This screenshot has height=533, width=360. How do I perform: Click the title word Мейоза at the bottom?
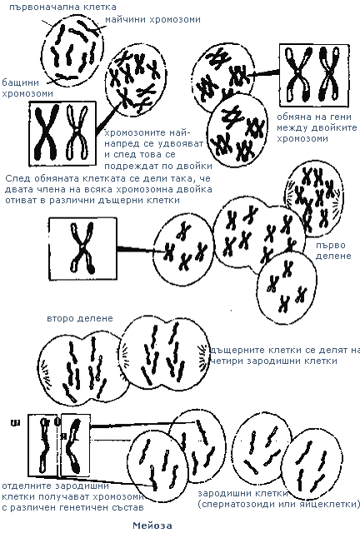coord(152,526)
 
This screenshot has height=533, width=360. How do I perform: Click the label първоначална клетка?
coord(62,7)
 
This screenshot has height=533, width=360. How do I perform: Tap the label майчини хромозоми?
coord(152,19)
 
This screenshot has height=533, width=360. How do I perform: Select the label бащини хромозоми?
coord(27,87)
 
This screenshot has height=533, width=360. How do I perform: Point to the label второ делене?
coord(80,318)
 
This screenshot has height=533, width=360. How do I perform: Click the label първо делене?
coord(333,250)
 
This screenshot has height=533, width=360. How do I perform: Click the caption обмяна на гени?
coord(314,117)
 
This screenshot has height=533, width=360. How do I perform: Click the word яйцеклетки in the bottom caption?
coord(328,504)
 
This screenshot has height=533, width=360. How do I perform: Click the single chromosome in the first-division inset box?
coord(82,247)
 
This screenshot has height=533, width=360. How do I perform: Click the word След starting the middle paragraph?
coord(17,178)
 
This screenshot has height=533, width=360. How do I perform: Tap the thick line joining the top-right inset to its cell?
coord(263,72)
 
